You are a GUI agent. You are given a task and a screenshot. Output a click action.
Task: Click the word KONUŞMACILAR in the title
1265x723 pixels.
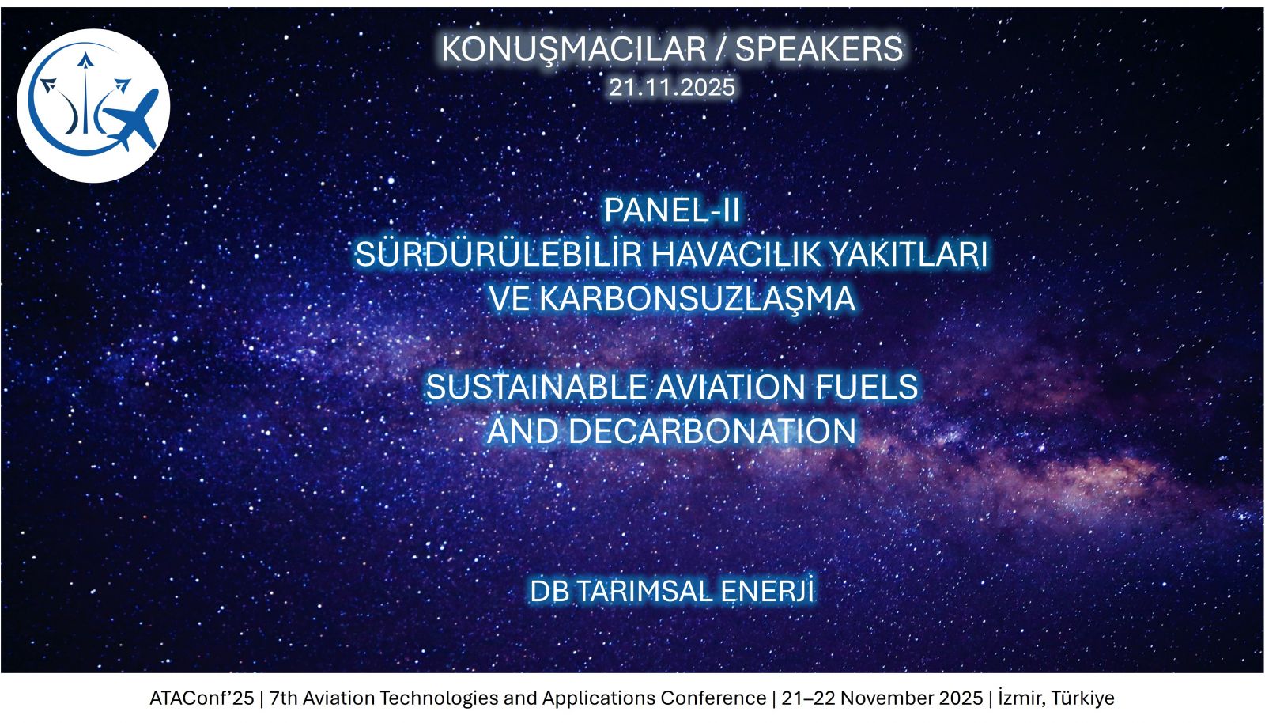coord(573,50)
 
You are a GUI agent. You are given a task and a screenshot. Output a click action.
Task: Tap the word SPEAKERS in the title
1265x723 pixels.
coord(819,49)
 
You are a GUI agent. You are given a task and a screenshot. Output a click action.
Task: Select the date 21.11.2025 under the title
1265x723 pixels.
coord(671,88)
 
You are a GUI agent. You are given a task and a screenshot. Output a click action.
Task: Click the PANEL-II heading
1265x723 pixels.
coord(671,210)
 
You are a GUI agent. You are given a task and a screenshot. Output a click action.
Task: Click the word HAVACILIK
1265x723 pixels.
coord(735,254)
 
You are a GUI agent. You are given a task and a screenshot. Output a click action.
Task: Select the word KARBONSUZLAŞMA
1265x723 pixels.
coord(697,299)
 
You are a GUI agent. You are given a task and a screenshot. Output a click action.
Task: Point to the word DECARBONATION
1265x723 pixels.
coord(712,432)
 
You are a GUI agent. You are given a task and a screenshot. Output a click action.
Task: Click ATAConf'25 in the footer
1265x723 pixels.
coord(202,698)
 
